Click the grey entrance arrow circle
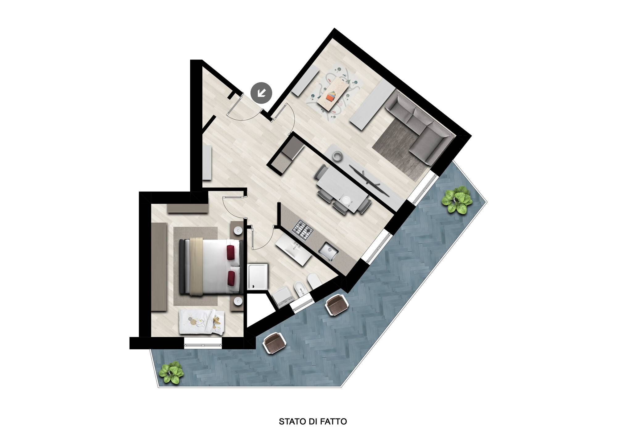point(262,92)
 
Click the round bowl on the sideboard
point(339,156)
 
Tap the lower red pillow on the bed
point(231,278)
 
